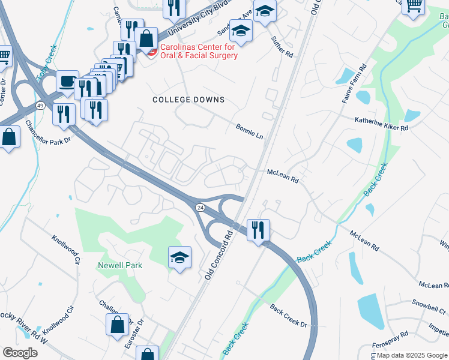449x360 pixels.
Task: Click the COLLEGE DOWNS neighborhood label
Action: point(188,100)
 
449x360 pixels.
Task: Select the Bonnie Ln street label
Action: point(250,132)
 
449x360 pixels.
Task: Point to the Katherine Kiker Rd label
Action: point(381,128)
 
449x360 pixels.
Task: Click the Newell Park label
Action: point(120,265)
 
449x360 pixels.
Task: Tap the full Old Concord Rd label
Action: point(218,253)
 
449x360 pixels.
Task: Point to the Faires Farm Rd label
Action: point(354,84)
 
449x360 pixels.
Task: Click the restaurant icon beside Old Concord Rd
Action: point(258,230)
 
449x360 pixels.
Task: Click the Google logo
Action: point(20,353)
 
